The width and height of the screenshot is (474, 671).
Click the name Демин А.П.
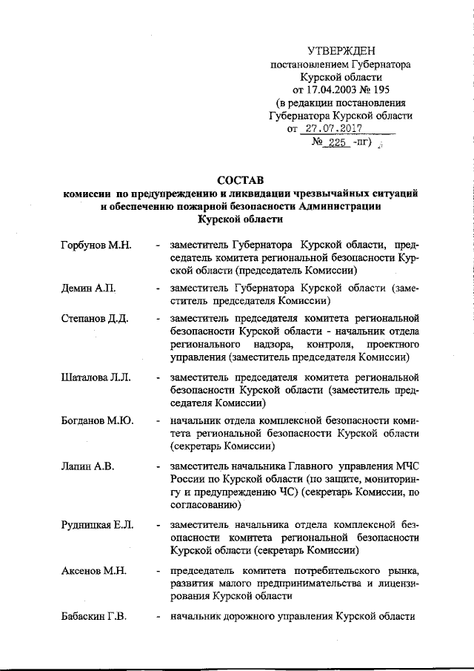pyautogui.click(x=87, y=287)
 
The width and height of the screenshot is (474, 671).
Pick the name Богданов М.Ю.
pyautogui.click(x=97, y=420)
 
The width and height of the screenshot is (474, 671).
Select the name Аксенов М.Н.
pyautogui.click(x=93, y=570)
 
